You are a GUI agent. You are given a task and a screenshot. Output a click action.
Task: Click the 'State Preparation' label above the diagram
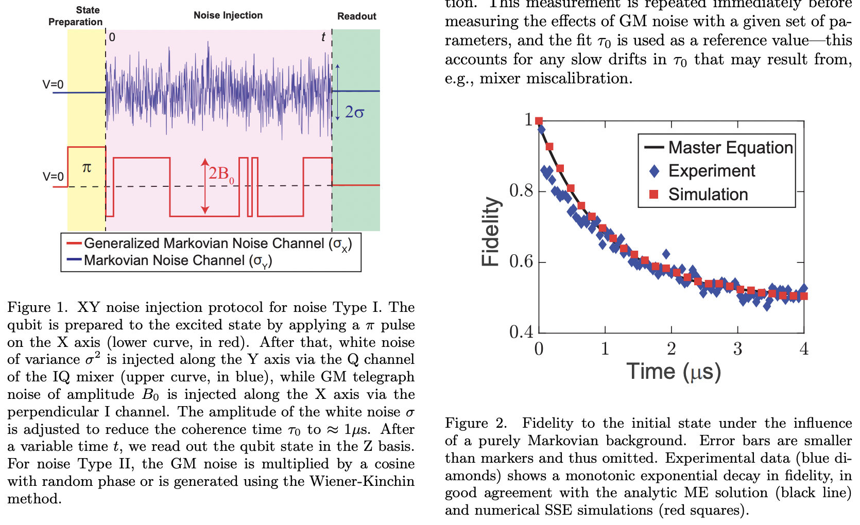(76, 16)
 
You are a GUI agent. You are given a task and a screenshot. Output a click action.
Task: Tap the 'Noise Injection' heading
(228, 15)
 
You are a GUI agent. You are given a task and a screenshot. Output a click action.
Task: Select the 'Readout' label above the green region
(356, 16)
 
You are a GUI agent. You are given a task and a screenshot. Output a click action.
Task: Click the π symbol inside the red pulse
(87, 168)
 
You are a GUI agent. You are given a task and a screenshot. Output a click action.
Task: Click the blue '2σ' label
(354, 112)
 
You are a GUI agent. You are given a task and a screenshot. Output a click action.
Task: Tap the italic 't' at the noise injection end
(323, 37)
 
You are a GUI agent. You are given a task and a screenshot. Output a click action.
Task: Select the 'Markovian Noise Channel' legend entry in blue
(178, 260)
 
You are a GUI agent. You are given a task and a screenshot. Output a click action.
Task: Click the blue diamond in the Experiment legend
(654, 171)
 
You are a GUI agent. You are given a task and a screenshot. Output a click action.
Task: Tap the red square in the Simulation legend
(654, 195)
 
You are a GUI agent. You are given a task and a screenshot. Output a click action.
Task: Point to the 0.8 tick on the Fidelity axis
(521, 191)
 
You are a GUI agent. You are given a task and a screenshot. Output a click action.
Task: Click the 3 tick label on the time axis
(737, 349)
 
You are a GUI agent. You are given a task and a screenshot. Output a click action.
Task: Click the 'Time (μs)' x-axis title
(674, 372)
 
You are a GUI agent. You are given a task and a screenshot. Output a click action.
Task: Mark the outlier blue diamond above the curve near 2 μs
(666, 254)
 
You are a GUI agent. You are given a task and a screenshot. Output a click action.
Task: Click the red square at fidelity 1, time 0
(539, 121)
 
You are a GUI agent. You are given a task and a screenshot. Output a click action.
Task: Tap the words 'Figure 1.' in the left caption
(37, 307)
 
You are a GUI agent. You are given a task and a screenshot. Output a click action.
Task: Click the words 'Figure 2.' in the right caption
(476, 423)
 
